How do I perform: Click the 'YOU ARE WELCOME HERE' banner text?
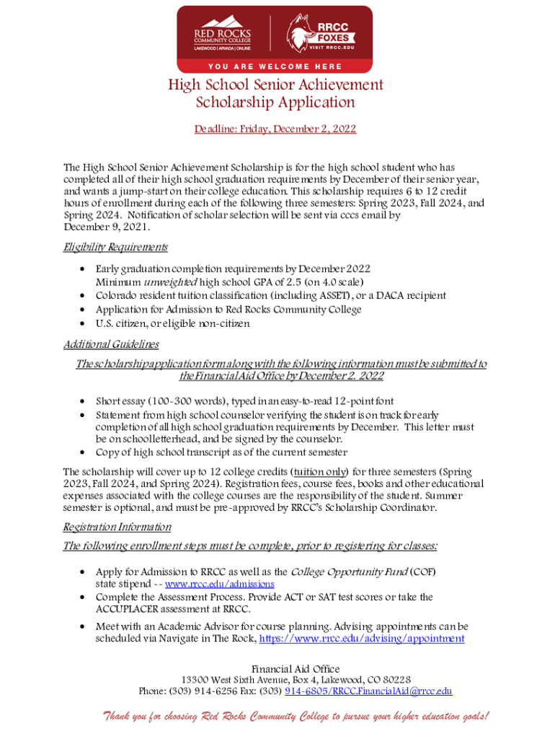(x=276, y=66)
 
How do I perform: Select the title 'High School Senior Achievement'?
(x=276, y=84)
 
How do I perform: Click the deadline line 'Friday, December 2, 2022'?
(x=275, y=129)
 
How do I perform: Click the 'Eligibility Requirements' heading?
(x=115, y=248)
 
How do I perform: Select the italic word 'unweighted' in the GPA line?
(x=167, y=281)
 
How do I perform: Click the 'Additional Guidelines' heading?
(x=111, y=344)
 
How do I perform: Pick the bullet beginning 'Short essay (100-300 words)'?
(x=245, y=401)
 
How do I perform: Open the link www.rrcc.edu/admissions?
(x=220, y=584)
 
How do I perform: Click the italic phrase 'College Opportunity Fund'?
(x=349, y=572)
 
